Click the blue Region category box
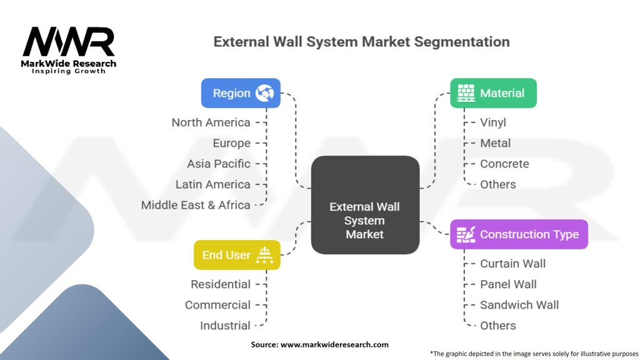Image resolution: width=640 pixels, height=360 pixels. click(x=241, y=93)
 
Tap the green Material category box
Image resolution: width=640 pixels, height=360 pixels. click(x=493, y=93)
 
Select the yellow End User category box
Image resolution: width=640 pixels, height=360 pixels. click(x=237, y=255)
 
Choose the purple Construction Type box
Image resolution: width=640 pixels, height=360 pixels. click(x=519, y=234)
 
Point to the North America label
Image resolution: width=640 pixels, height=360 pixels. click(x=211, y=122)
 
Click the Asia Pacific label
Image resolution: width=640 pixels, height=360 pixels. click(x=219, y=164)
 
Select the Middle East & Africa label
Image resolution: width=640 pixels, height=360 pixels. click(x=196, y=205)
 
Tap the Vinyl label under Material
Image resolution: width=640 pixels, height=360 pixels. click(x=493, y=122)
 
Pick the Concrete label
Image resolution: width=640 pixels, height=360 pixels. click(x=504, y=164)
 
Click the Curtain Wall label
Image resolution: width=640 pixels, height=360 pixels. click(x=512, y=264)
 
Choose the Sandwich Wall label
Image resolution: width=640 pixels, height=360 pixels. click(x=519, y=305)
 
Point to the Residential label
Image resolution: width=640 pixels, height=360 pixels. click(x=221, y=284)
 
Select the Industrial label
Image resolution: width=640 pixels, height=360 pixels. click(x=225, y=326)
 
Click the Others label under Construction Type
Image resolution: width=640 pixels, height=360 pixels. click(x=498, y=326)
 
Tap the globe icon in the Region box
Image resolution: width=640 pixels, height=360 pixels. click(x=264, y=93)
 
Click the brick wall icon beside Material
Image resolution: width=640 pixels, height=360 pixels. click(x=466, y=93)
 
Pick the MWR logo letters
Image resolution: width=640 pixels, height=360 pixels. click(x=69, y=42)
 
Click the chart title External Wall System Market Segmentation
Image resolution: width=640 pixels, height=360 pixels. click(x=361, y=42)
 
